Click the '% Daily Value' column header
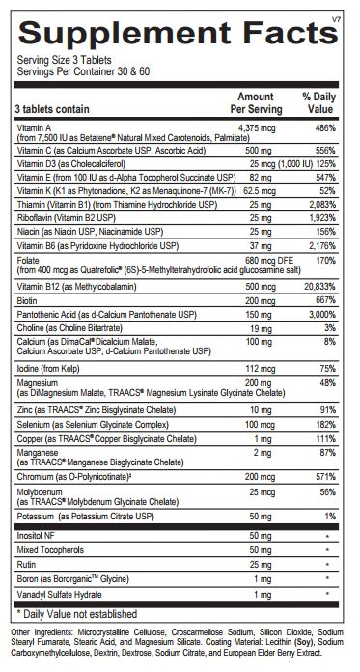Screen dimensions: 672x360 point(318,103)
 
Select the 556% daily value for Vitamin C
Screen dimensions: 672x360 point(322,152)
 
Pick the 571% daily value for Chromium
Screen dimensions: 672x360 point(322,477)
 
